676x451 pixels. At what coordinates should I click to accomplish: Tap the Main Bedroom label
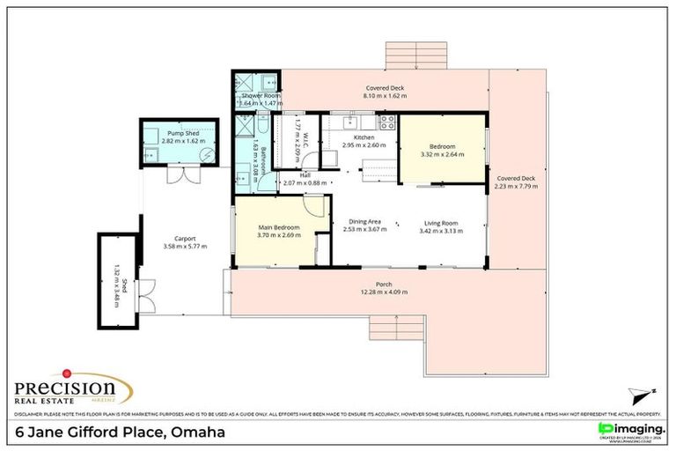point(279,228)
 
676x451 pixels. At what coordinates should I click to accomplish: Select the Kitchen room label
point(364,138)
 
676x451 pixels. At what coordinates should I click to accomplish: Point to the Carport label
point(184,238)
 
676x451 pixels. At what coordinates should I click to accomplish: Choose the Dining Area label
point(364,222)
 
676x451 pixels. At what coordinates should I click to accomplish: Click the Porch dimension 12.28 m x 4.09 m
point(383,292)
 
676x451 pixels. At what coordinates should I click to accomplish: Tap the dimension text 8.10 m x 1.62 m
point(386,96)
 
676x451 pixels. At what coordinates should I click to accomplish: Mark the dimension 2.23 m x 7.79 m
point(514,187)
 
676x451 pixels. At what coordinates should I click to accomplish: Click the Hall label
point(305,174)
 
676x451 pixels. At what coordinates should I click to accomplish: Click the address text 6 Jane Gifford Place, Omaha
point(121,433)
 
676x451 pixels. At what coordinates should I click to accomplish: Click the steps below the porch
point(398,330)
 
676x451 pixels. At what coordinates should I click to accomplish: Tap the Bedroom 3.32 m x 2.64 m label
point(442,151)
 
